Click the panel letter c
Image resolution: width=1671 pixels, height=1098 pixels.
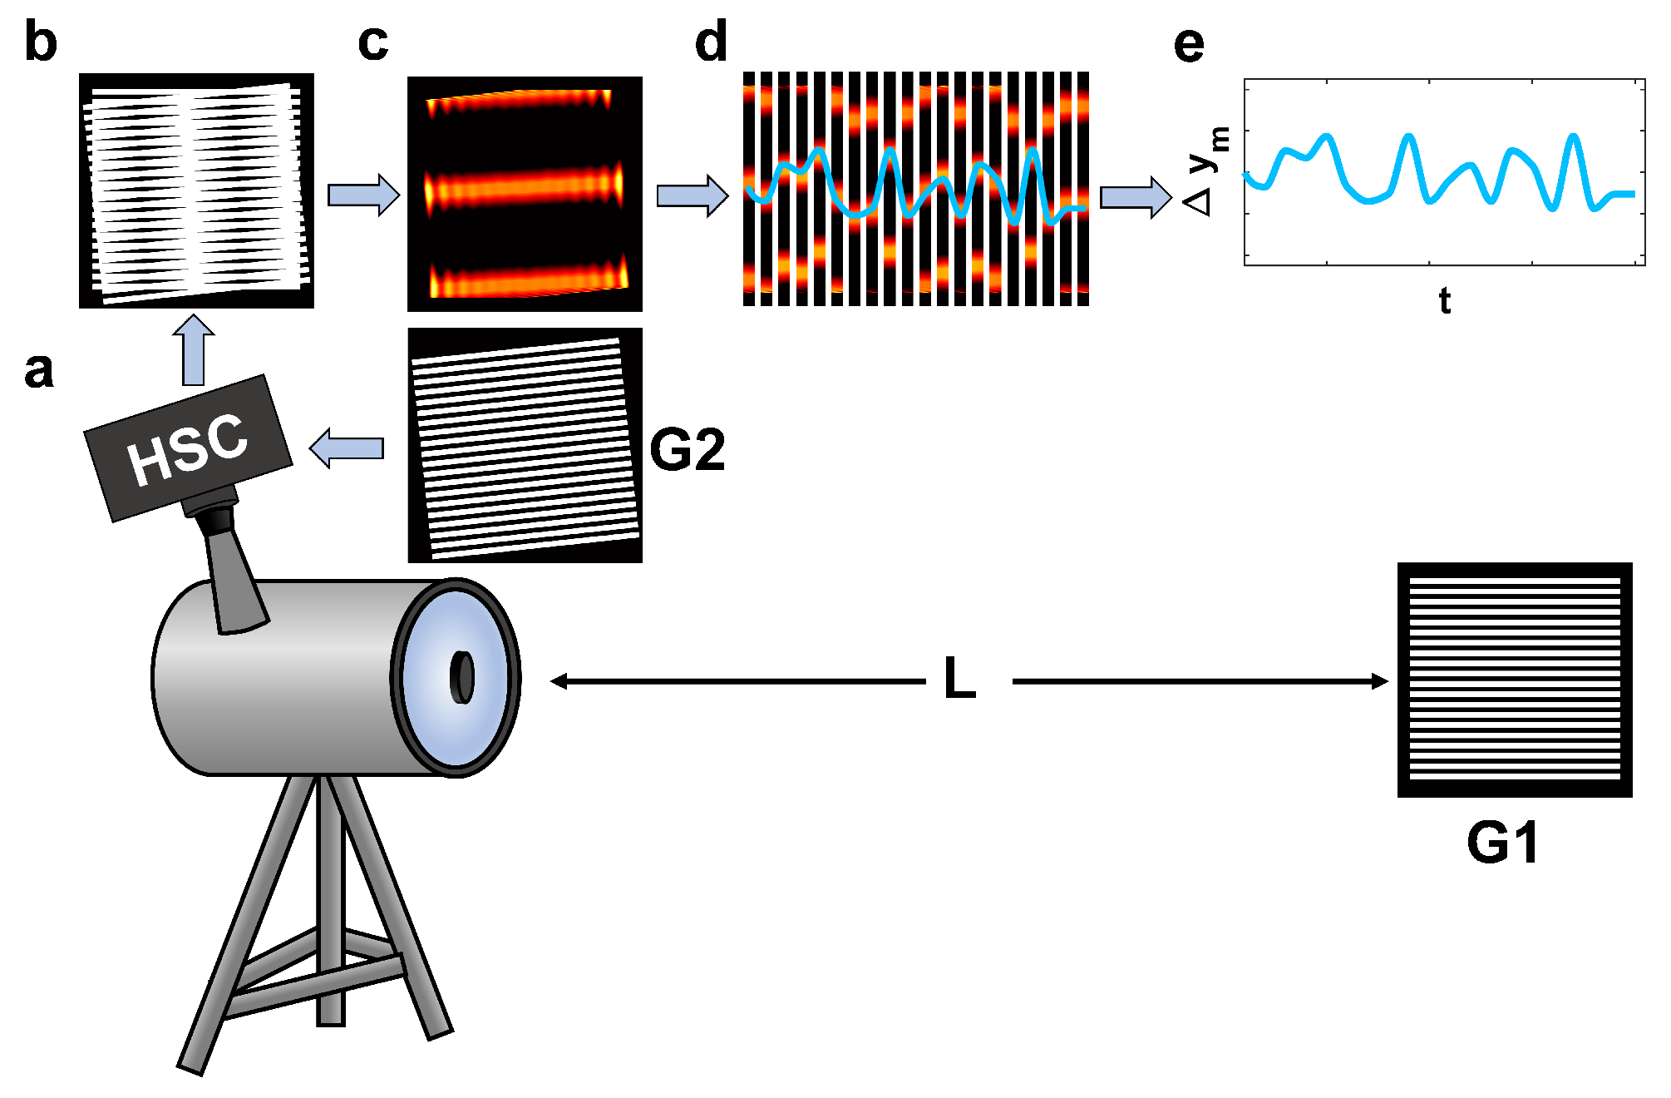click(373, 43)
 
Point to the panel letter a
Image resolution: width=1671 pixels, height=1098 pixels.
click(39, 370)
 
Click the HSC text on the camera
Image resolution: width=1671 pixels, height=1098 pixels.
click(188, 449)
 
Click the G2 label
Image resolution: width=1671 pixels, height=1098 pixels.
click(687, 451)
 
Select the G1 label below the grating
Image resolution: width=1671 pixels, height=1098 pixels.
click(1502, 843)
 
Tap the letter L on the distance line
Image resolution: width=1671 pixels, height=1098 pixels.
click(960, 679)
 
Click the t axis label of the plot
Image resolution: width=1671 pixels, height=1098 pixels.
click(1445, 300)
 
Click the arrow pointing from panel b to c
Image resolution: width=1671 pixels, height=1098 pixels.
click(363, 195)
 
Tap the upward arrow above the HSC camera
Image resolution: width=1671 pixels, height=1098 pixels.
click(193, 350)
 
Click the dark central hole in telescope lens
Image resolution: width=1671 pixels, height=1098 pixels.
click(462, 678)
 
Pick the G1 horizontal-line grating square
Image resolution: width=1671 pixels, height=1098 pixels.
click(1515, 680)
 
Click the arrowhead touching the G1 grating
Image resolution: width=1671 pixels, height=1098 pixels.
click(1379, 681)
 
